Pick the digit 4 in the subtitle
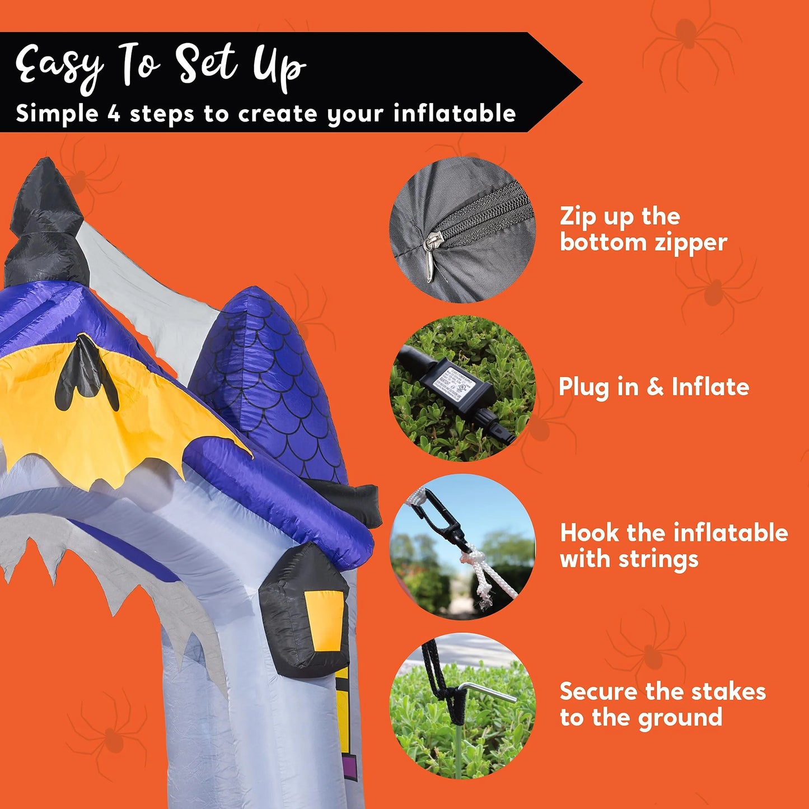(x=113, y=113)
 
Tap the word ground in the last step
(x=681, y=718)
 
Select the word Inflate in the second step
(x=710, y=387)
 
